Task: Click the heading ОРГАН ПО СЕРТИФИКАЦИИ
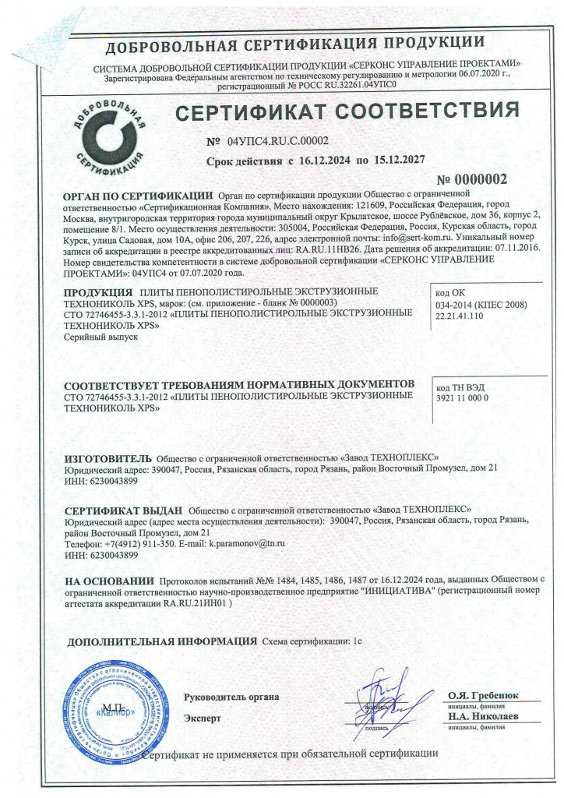click(138, 195)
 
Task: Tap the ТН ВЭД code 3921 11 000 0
click(463, 398)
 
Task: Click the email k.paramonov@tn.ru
click(247, 542)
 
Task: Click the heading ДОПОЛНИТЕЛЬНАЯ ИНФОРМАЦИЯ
click(162, 641)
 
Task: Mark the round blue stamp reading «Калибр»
click(115, 711)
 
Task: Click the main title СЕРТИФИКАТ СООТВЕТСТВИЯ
click(346, 113)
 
